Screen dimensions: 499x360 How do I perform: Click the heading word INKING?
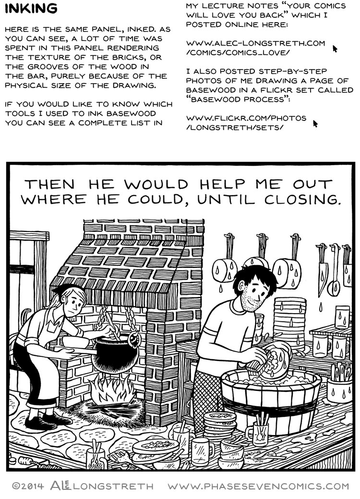click(x=30, y=9)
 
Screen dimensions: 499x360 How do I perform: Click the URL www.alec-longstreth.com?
click(x=255, y=43)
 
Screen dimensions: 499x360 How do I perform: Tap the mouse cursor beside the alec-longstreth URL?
click(x=335, y=48)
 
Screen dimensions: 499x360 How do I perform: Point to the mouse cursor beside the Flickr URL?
click(x=315, y=123)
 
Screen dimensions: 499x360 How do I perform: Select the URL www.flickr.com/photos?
click(x=246, y=118)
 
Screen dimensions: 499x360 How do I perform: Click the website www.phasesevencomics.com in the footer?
click(x=259, y=486)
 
